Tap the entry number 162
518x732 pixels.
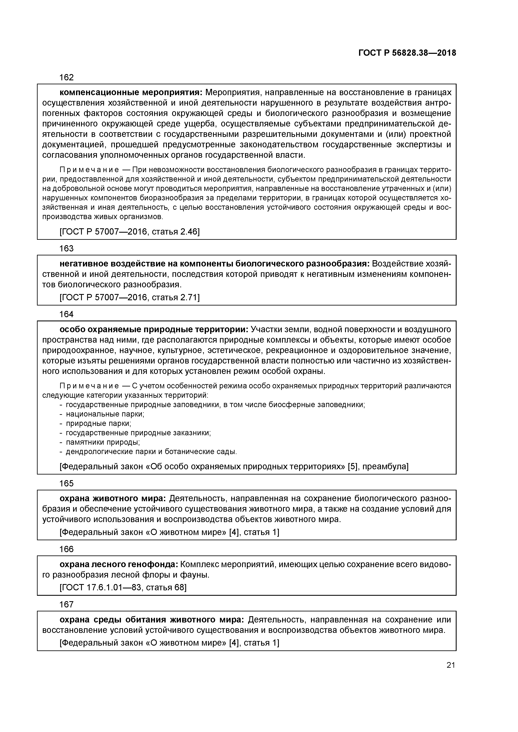66,77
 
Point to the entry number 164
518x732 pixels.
66,314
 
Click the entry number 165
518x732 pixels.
66,484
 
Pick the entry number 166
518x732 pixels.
66,549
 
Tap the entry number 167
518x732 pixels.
66,605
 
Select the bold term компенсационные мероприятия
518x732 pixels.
131,92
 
